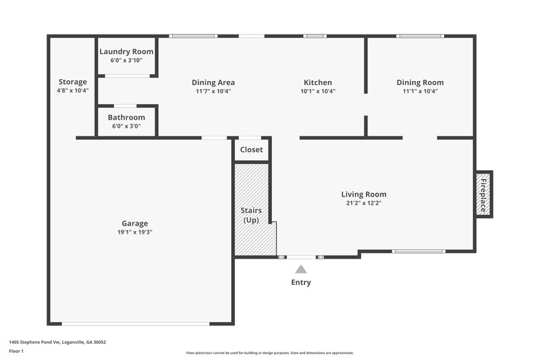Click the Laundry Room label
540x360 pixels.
[x=126, y=51]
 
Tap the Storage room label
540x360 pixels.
[x=72, y=82]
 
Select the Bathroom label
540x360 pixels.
[x=126, y=118]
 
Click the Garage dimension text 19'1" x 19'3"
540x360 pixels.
[x=135, y=232]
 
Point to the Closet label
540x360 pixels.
[x=252, y=150]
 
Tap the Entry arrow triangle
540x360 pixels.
[x=301, y=269]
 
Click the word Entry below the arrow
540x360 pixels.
[x=301, y=282]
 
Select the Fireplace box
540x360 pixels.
[x=483, y=193]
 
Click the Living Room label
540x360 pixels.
[x=363, y=195]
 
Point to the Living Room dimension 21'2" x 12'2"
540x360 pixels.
[x=363, y=203]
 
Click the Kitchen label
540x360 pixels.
[x=319, y=82]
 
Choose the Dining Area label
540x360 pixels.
[x=213, y=82]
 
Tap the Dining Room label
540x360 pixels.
[x=420, y=82]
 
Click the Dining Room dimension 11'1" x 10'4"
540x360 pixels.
[x=420, y=91]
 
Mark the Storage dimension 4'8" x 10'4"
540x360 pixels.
[x=72, y=90]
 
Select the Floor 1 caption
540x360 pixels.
[x=16, y=351]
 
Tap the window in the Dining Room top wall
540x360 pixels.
[x=421, y=36]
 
